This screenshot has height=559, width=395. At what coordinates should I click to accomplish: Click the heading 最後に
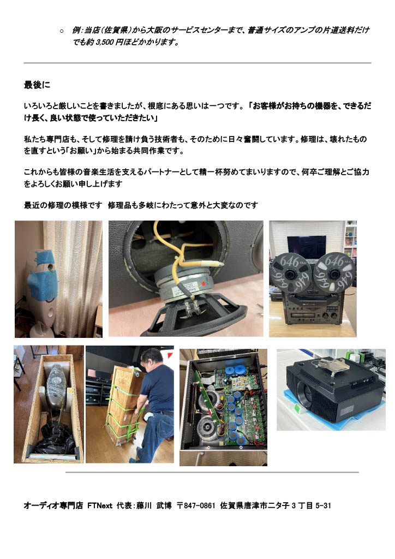pyautogui.click(x=37, y=85)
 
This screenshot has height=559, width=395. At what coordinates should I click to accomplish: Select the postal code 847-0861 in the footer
pyautogui.click(x=200, y=506)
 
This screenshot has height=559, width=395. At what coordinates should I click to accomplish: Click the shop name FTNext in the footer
pyautogui.click(x=100, y=506)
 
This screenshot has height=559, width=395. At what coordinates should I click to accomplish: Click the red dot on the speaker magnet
pyautogui.click(x=204, y=284)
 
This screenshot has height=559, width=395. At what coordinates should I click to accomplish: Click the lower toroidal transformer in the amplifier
pyautogui.click(x=207, y=426)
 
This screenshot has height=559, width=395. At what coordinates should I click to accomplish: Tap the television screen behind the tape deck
pyautogui.click(x=307, y=246)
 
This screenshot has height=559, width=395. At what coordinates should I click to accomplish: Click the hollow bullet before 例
pyautogui.click(x=62, y=31)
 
